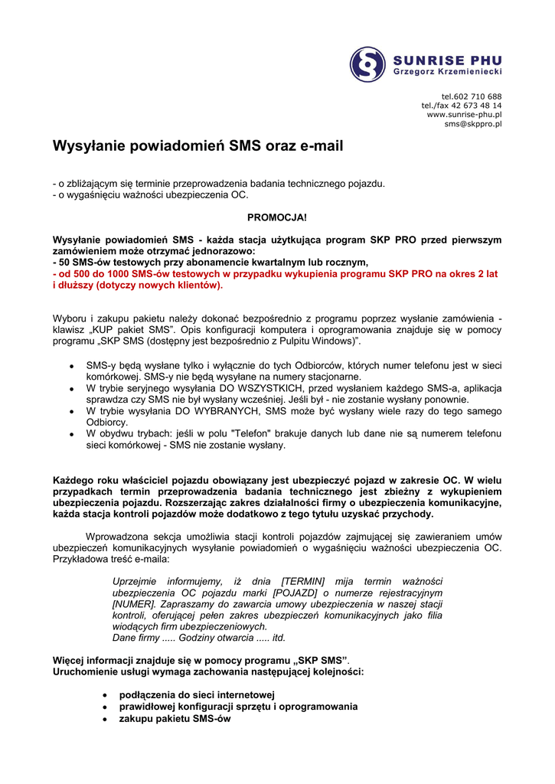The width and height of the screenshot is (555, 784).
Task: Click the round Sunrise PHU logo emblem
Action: (368, 64)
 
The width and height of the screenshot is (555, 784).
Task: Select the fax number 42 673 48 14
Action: (475, 105)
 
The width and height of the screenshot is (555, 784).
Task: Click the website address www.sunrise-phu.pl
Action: (464, 114)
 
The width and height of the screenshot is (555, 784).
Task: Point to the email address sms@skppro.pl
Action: (473, 123)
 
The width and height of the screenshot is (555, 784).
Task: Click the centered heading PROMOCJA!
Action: (277, 217)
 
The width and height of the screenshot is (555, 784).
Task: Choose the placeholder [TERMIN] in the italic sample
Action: (303, 581)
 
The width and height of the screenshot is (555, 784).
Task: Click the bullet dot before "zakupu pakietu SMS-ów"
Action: (104, 720)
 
